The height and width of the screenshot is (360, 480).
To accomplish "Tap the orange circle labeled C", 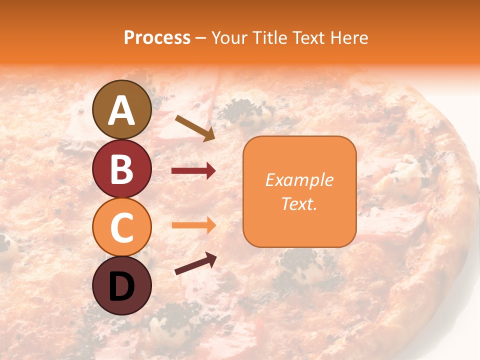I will coord(121,227).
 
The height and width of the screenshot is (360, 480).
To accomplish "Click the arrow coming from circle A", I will coord(195,128).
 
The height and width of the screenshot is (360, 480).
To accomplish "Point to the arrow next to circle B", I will coord(193,171).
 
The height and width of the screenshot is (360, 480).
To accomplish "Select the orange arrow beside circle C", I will coord(193,225).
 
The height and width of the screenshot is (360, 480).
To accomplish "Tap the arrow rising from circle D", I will coord(195,263).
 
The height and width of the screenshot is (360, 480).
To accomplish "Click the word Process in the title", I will coord(157,38).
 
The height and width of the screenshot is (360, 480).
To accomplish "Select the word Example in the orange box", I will coord(299,180).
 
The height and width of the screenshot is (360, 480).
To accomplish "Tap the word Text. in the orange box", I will coord(299,203).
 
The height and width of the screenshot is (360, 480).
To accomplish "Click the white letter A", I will coord(121,111).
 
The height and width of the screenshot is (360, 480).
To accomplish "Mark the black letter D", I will coord(121,286).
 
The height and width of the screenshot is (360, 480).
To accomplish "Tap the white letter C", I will coord(121,227).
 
